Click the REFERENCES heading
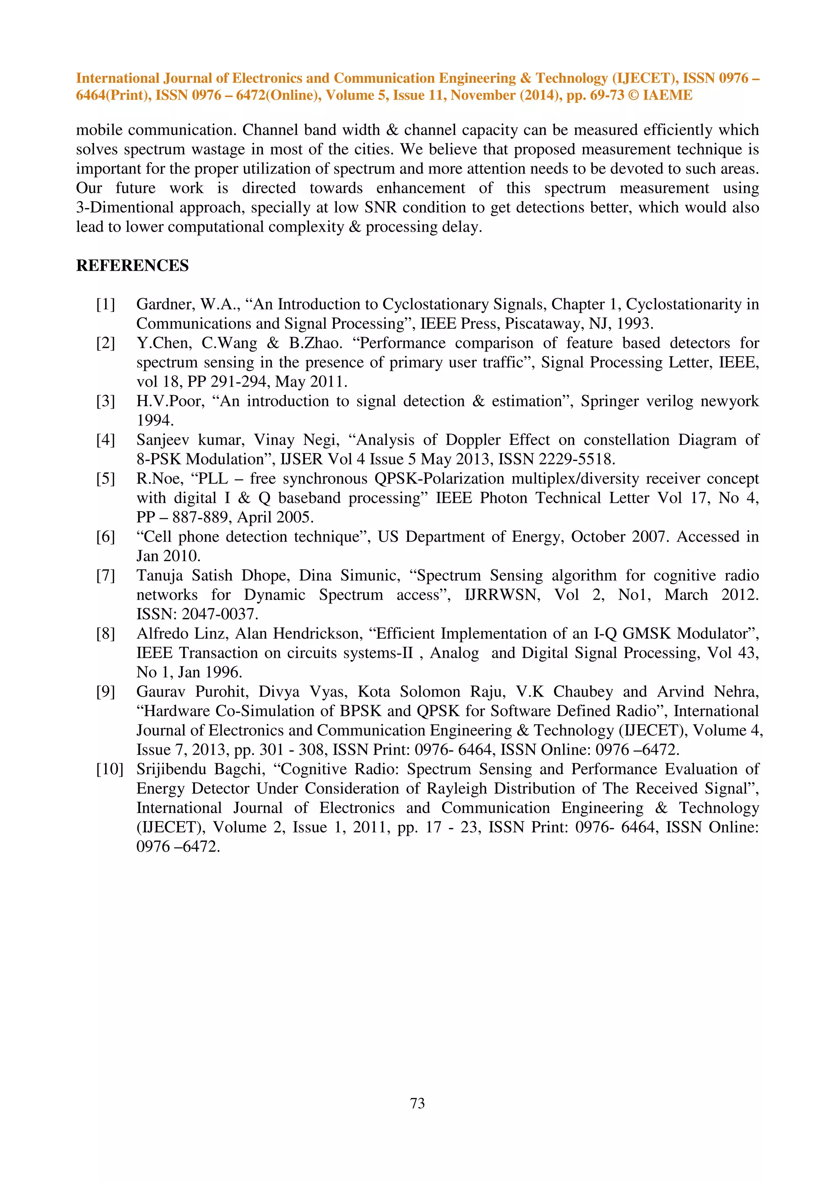tap(132, 266)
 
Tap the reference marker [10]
tap(110, 769)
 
